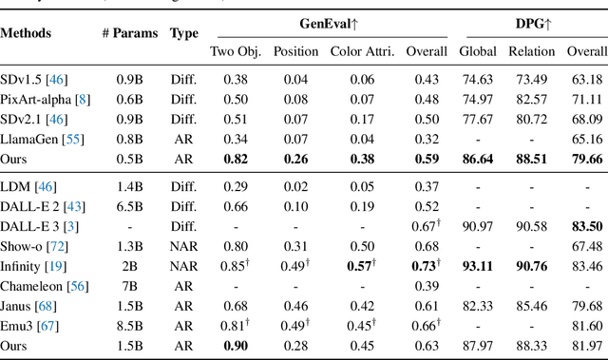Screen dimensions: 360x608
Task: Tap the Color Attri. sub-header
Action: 361,51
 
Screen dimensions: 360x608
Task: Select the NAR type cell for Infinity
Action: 183,266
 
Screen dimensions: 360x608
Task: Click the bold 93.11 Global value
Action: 476,266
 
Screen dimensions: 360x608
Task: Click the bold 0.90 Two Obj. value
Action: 237,346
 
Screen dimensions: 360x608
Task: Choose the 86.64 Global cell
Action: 476,160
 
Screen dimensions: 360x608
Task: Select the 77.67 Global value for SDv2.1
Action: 476,120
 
